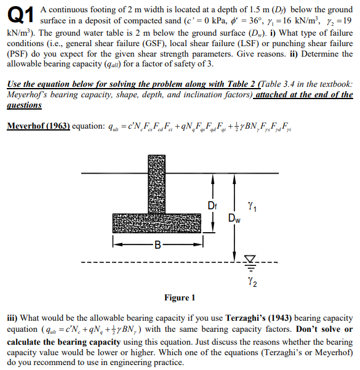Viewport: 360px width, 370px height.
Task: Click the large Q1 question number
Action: click(20, 15)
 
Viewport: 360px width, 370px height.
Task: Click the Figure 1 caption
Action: click(179, 298)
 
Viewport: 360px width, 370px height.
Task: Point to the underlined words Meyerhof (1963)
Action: click(38, 126)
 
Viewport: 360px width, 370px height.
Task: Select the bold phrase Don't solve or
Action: click(324, 329)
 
